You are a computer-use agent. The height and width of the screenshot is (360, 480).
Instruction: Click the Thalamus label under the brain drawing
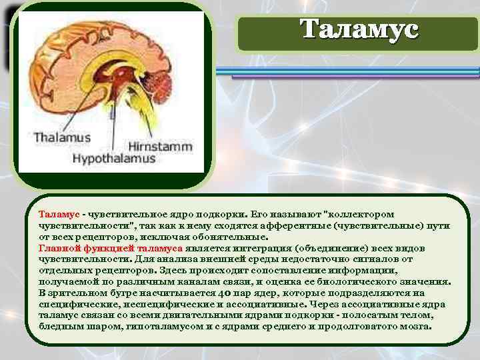click(62, 137)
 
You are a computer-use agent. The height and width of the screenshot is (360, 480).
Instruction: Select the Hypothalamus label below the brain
click(113, 159)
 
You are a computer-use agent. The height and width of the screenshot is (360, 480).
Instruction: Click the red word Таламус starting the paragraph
click(59, 214)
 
